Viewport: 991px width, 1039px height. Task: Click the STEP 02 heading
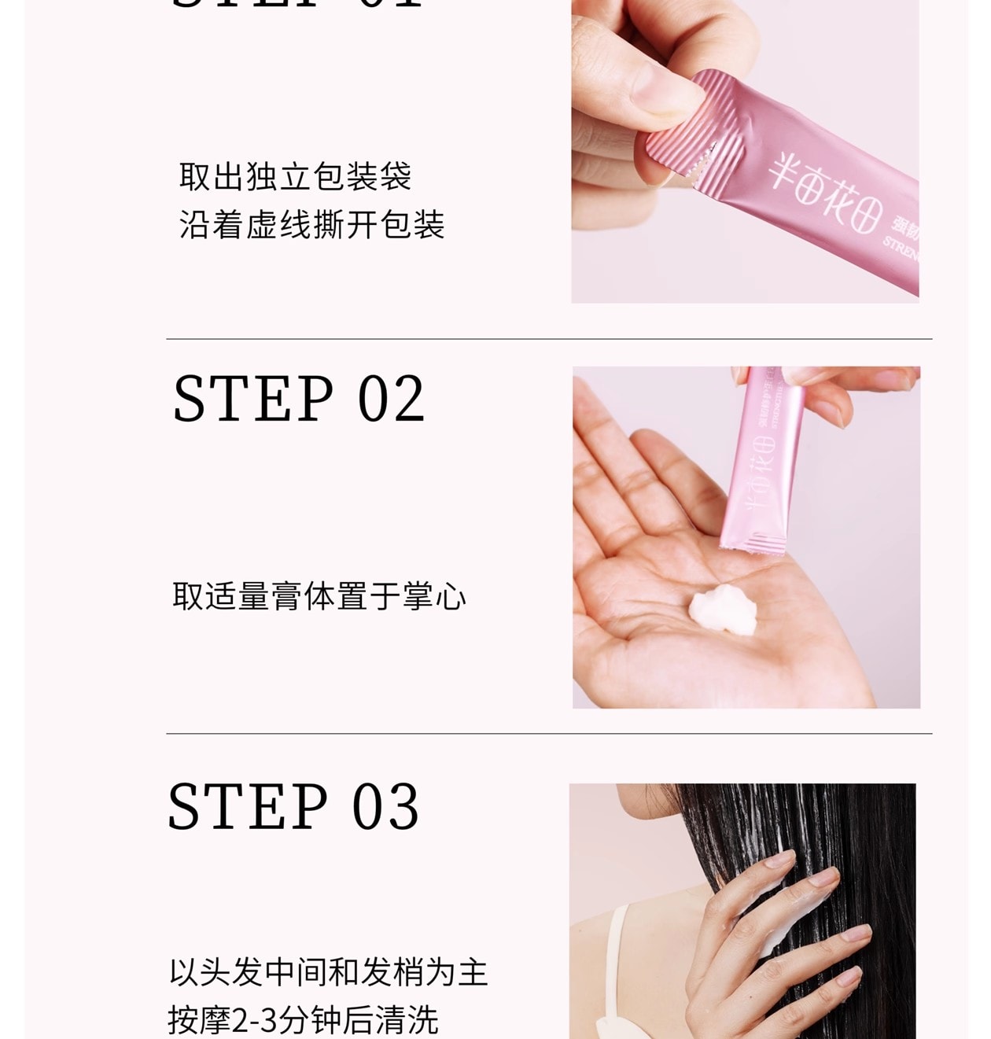[x=299, y=400]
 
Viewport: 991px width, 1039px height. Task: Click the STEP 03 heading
[x=293, y=807]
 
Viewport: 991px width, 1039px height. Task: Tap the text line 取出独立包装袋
[x=295, y=176]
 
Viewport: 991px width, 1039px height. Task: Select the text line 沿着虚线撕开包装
[x=311, y=225]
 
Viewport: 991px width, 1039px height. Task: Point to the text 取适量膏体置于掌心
[x=319, y=596]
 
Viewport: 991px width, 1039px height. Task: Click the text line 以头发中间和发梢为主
[x=328, y=972]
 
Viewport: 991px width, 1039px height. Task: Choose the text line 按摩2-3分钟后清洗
[x=303, y=1020]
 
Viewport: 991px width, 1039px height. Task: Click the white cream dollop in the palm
[x=722, y=609]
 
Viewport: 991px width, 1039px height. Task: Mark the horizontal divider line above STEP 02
[x=549, y=339]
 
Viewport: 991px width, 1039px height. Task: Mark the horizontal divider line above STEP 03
[x=549, y=734]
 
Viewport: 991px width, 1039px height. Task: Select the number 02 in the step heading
[x=391, y=400]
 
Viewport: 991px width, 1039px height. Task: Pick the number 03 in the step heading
[x=385, y=807]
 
